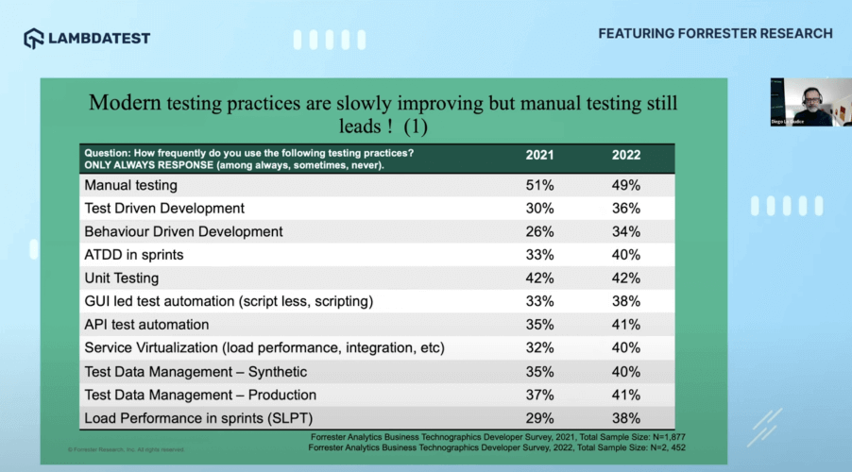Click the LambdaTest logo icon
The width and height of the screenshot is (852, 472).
pos(33,38)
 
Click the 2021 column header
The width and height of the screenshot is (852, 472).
pos(539,156)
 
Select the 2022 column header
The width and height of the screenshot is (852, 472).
pos(625,156)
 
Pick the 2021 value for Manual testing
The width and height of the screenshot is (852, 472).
pos(539,185)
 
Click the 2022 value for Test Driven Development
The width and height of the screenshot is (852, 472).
pos(625,209)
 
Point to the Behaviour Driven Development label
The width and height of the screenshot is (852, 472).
pos(183,231)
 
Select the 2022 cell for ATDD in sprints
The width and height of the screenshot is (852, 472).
pos(625,255)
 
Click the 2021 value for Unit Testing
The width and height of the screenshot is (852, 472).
pos(539,278)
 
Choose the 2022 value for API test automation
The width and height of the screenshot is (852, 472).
pos(625,325)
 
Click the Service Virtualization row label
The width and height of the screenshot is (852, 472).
pos(264,348)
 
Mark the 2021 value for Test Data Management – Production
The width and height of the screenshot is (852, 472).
pos(539,395)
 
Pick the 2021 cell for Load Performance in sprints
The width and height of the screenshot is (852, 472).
pos(539,418)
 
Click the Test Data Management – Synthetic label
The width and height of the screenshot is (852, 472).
pos(196,372)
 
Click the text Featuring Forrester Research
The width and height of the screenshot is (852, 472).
pos(715,34)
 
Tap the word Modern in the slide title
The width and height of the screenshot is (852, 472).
pos(126,104)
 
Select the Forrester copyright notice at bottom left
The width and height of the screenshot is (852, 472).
pos(126,449)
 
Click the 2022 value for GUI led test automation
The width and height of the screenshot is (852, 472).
pos(625,302)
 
